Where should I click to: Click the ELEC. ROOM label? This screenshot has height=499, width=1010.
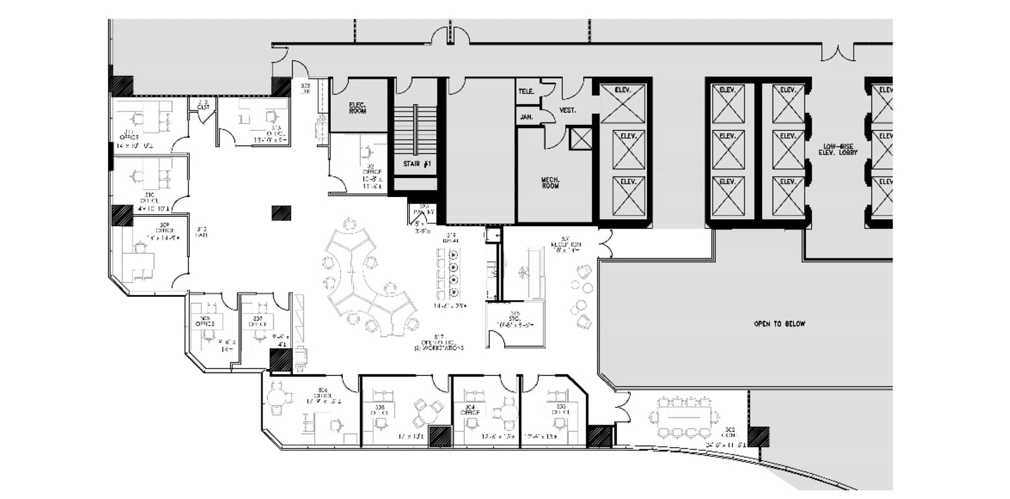tap(357, 107)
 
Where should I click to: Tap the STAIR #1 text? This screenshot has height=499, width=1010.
tap(417, 164)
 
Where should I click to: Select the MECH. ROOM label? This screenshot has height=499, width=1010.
tap(550, 183)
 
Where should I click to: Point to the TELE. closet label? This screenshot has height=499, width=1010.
tap(526, 92)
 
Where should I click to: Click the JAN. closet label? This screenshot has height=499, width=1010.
tap(526, 117)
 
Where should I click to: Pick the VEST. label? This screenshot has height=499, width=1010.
tap(567, 111)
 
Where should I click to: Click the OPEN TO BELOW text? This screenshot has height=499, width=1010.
tap(780, 324)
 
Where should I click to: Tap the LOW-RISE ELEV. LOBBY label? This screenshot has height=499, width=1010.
tap(838, 149)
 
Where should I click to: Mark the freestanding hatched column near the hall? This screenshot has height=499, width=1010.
tap(282, 213)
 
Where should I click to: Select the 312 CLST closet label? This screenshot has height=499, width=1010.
tap(203, 104)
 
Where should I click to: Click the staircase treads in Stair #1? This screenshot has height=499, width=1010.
tap(415, 129)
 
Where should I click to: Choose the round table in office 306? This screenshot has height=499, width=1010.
tap(278, 399)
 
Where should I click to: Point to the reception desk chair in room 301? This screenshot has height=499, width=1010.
tap(525, 272)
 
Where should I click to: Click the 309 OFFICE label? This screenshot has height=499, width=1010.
tap(163, 231)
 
